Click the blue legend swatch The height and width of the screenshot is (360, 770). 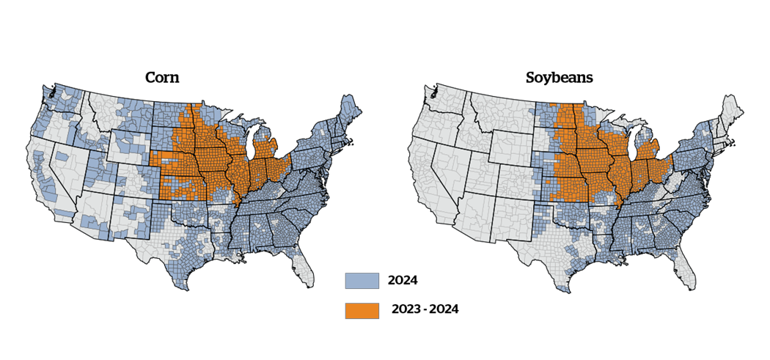click(362, 282)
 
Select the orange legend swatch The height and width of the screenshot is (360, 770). click(362, 311)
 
